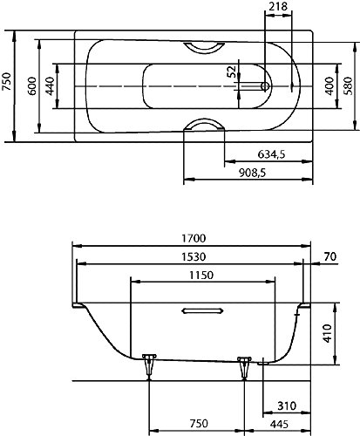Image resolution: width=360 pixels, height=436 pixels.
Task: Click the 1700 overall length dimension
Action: coord(194,238)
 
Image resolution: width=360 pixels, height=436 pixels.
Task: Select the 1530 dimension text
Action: coord(194,256)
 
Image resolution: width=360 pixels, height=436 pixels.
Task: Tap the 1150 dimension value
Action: coord(201,275)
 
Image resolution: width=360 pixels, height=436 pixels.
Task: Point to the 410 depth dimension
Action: coord(327,333)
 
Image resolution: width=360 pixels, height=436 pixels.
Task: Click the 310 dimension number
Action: coord(287,405)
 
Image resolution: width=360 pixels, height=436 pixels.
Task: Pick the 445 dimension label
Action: coord(279,424)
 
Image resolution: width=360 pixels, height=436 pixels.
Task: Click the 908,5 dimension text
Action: coord(252,174)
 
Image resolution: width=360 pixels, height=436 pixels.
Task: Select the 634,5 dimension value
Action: coord(271,154)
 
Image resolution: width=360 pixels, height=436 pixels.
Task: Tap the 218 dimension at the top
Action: coord(278,6)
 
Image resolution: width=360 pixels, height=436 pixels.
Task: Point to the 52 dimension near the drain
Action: coord(232,72)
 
